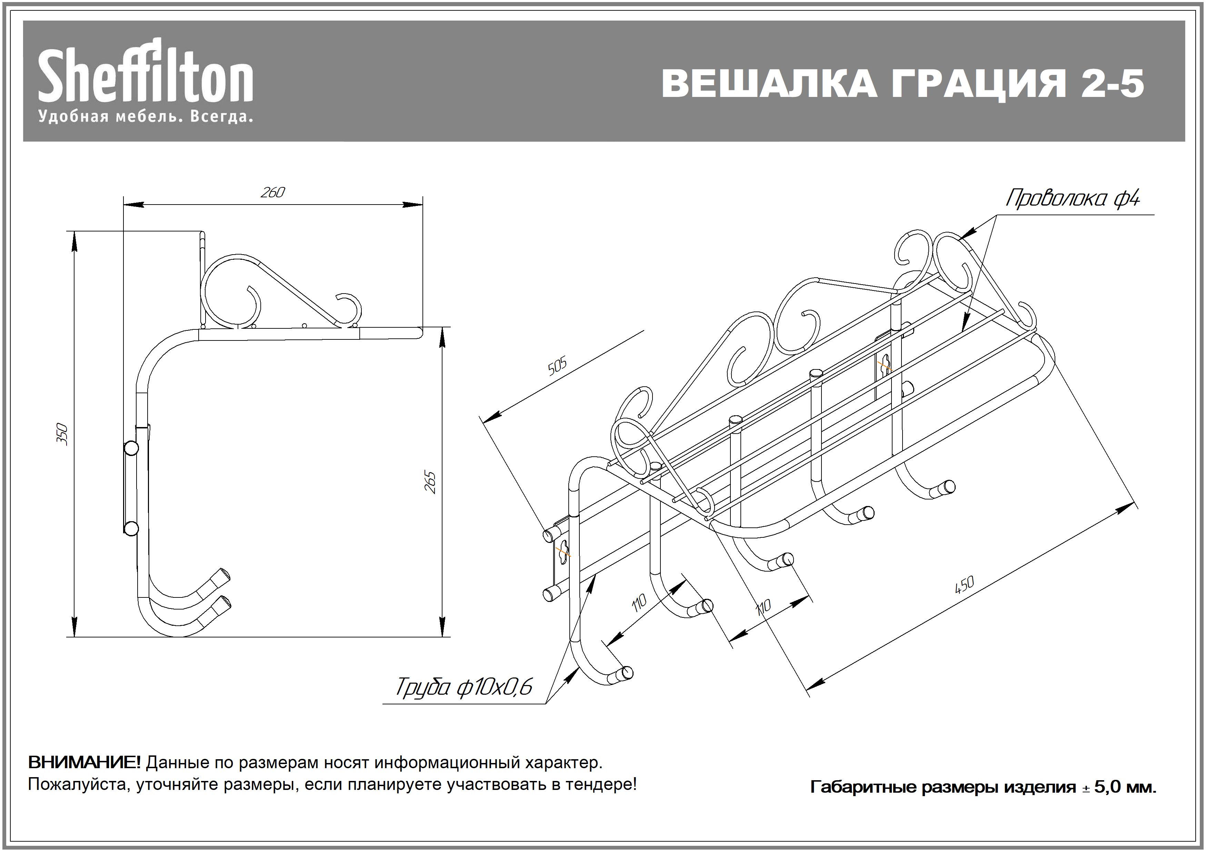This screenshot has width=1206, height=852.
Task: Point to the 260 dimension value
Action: tap(272, 193)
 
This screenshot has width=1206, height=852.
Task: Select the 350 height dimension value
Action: tap(62, 434)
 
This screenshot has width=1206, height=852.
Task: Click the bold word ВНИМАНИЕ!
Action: tap(84, 762)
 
